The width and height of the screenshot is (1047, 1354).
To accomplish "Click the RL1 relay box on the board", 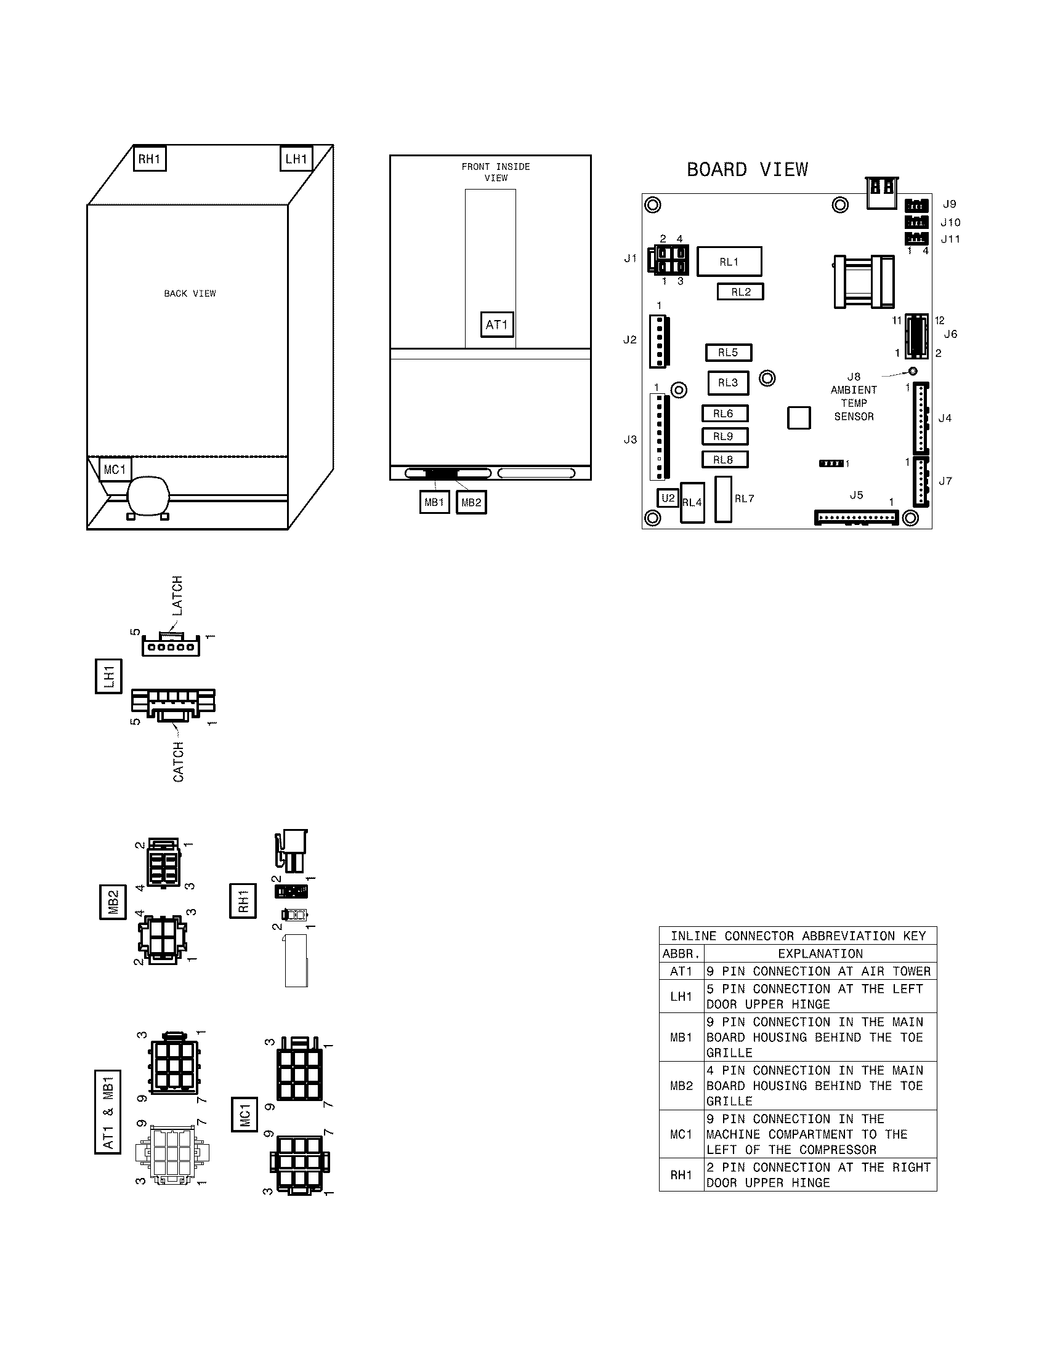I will tap(729, 262).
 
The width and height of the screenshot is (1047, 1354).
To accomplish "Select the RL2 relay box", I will tap(740, 292).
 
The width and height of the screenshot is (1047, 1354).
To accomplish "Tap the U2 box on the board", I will tap(668, 498).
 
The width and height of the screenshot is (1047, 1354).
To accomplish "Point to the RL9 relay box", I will tap(724, 436).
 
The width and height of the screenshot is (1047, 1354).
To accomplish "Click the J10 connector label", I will tap(950, 222).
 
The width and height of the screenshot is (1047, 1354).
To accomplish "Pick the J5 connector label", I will tap(856, 495).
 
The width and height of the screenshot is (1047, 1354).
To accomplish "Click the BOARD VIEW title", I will tap(748, 170).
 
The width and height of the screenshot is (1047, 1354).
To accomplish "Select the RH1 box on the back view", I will tap(150, 159).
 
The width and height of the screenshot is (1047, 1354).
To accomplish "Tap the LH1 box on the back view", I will tap(296, 159).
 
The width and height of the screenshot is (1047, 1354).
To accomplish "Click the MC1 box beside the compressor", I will tap(115, 470).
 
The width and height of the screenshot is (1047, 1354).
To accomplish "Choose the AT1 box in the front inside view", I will tap(497, 324).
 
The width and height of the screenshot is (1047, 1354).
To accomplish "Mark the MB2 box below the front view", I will tap(471, 502).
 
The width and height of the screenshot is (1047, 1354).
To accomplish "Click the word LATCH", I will tap(177, 596).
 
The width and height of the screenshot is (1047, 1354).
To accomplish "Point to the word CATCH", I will tap(179, 761).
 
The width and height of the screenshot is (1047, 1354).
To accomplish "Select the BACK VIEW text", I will tap(190, 293).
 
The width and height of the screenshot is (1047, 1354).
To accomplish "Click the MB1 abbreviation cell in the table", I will tap(681, 1037).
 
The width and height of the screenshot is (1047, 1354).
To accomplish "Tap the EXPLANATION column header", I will tap(820, 953).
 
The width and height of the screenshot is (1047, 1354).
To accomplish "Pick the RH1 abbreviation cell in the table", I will tap(681, 1175).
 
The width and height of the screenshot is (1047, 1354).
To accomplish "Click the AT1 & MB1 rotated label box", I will tap(108, 1112).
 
